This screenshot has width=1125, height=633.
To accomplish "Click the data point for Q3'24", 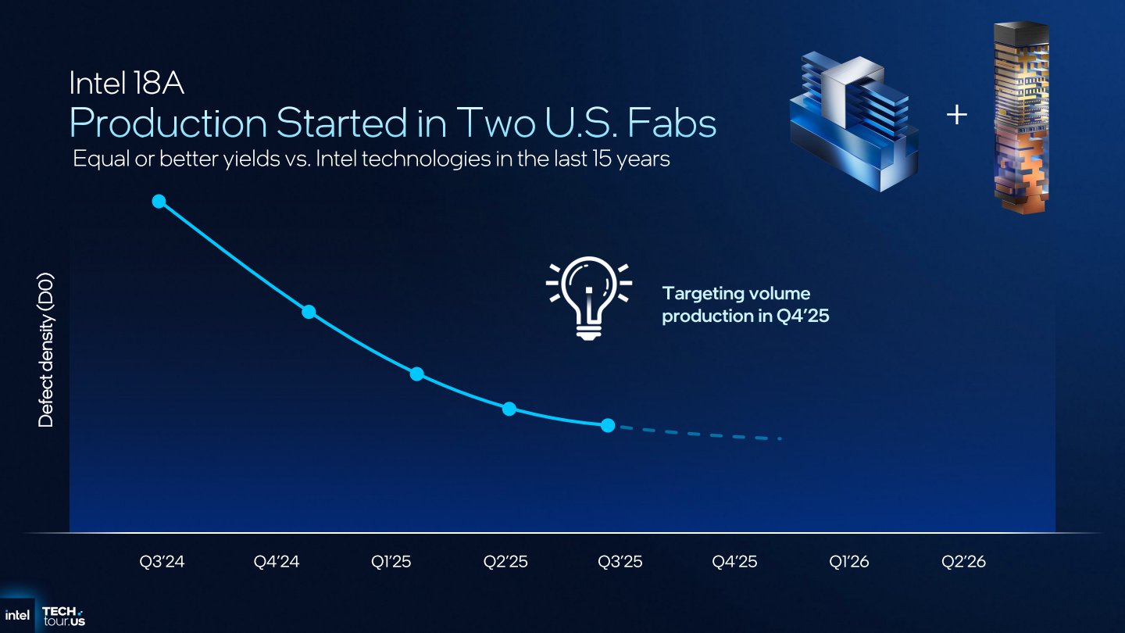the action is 159,202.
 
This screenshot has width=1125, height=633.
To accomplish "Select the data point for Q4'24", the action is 309,312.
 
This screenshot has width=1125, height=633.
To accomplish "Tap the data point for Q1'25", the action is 417,374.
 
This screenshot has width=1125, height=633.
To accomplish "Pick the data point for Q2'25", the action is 509,409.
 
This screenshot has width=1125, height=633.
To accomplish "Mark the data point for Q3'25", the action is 608,425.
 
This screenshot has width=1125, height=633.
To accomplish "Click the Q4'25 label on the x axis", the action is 734,561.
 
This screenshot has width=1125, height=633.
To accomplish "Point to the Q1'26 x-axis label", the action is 848,561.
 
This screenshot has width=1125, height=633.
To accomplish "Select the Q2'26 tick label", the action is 963,561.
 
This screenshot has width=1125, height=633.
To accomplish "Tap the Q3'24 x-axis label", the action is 162,561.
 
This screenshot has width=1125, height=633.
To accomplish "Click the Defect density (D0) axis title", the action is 45,350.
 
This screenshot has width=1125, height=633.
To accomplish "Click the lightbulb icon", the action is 588,298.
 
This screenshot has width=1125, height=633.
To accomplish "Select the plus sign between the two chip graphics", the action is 957,115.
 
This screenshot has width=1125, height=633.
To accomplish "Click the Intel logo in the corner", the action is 17,616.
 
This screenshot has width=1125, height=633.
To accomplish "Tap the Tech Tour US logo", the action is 64,617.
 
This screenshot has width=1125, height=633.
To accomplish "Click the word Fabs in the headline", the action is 672,123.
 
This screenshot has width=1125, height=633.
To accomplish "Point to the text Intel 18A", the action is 127,83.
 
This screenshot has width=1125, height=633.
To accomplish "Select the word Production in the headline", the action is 168,123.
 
